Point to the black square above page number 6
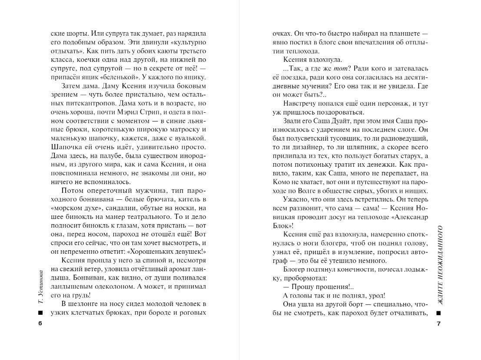[x=40, y=313]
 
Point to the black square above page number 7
[x=439, y=313]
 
